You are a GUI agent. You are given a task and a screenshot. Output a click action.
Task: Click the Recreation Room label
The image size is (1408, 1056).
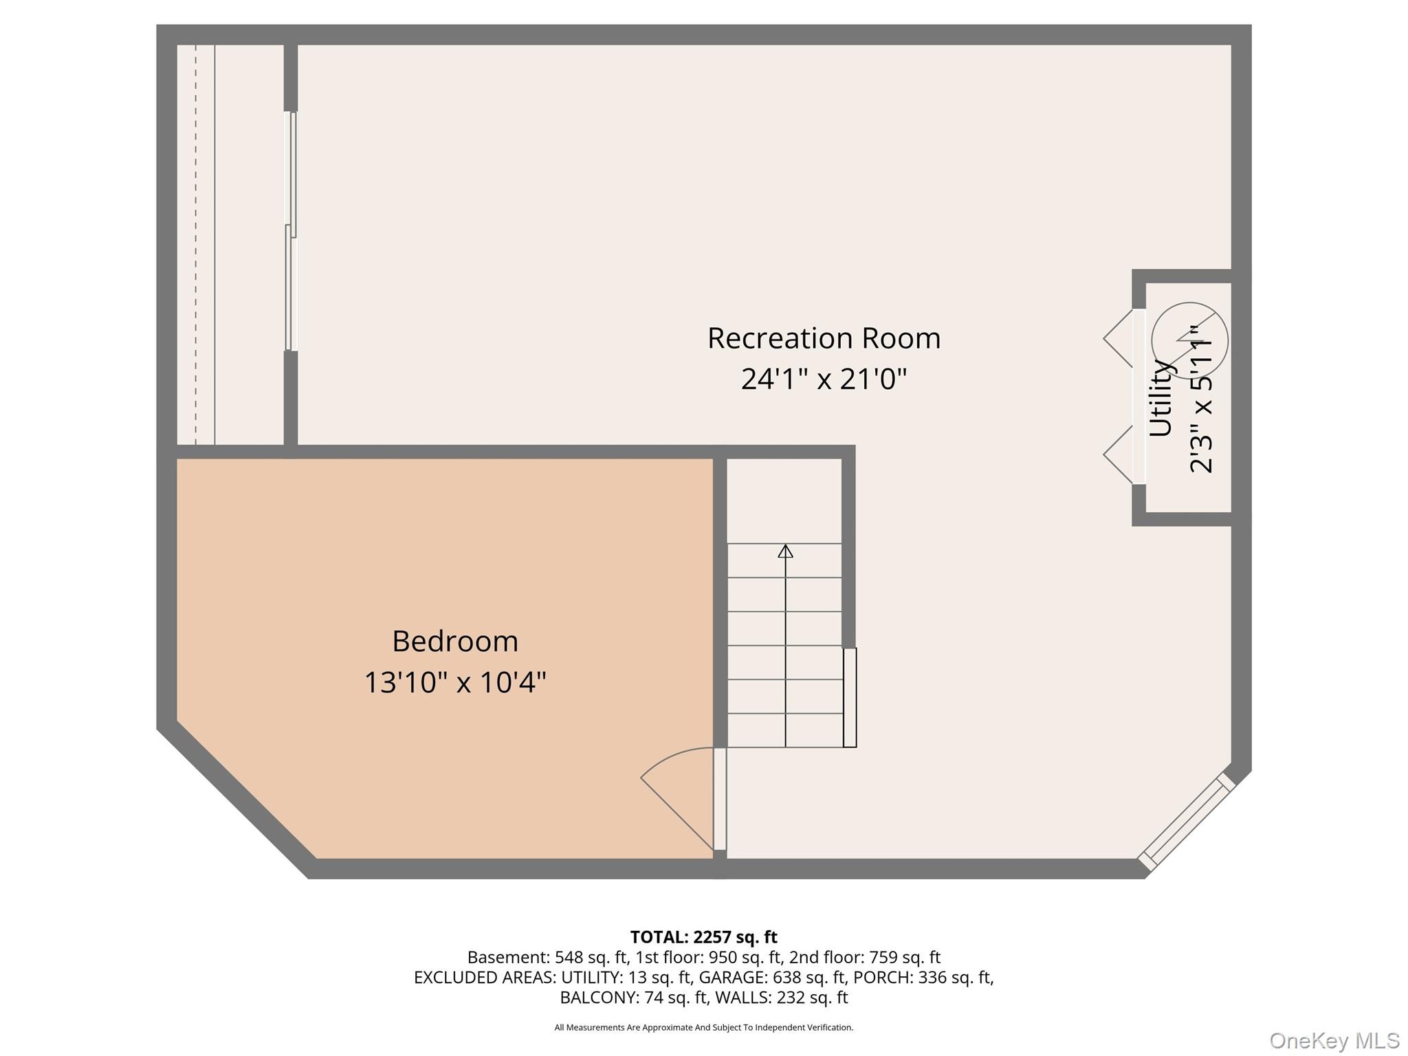824,338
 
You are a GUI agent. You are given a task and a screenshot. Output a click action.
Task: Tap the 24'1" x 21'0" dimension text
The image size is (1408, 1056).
824,379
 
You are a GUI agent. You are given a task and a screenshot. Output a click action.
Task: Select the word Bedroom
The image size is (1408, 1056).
455,641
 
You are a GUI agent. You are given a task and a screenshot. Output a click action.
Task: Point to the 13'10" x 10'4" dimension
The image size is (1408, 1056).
455,683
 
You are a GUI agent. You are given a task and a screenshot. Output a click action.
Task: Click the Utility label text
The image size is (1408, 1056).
1160,398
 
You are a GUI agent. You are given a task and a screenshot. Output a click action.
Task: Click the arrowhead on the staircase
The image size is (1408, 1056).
785,551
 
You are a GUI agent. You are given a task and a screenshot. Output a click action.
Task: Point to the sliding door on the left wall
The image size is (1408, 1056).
291,232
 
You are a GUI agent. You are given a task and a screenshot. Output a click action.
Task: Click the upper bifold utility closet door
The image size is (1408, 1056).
1119,338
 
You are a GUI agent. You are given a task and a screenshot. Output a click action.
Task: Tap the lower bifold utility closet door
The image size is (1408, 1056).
1119,454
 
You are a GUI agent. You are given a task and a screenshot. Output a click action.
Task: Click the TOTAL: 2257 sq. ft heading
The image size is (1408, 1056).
703,937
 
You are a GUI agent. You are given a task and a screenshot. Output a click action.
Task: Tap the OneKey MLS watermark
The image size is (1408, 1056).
1334,1040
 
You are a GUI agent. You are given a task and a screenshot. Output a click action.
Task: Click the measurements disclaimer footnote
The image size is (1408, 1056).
704,1027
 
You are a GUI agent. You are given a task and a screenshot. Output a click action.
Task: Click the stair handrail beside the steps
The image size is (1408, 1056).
850,697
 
